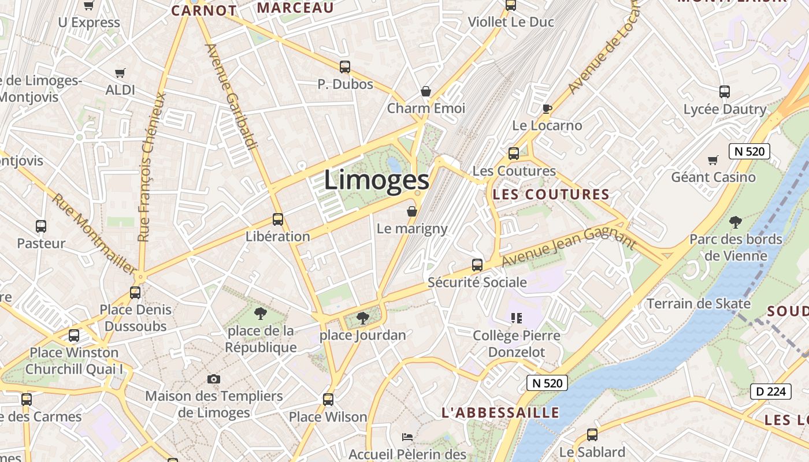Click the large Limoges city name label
(x=376, y=180)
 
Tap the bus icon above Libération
(x=278, y=219)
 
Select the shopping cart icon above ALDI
(x=120, y=73)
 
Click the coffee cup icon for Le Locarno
(x=547, y=109)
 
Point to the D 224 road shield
(x=771, y=392)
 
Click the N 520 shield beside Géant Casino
(x=749, y=152)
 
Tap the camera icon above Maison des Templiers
(x=214, y=379)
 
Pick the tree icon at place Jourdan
(x=362, y=317)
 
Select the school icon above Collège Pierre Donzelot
(x=517, y=318)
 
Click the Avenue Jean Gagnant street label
(x=569, y=247)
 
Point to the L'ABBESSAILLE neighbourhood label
(x=500, y=412)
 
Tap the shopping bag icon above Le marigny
(x=412, y=211)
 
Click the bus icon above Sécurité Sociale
(x=477, y=265)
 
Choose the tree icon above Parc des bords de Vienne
(x=736, y=222)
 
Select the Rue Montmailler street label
(x=95, y=233)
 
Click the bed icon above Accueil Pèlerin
(x=407, y=437)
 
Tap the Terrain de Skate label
(x=698, y=304)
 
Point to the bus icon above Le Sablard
(x=592, y=435)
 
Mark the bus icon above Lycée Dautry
(x=725, y=91)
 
